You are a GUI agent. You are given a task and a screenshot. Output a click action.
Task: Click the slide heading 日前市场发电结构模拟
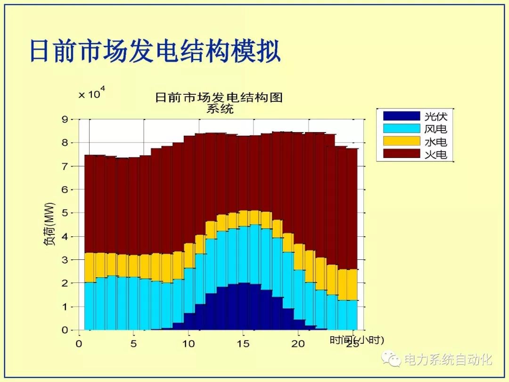(x=155, y=51)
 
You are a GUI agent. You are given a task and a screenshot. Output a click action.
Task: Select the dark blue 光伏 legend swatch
(x=401, y=116)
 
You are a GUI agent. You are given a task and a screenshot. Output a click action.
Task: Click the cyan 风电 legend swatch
(x=401, y=128)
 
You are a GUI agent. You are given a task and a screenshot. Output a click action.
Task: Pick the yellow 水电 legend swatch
(x=401, y=141)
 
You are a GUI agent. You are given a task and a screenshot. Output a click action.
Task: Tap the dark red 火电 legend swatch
(x=401, y=154)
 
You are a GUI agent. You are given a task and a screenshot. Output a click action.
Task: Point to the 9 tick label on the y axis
(x=65, y=119)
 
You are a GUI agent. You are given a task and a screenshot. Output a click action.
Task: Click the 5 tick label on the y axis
(x=65, y=213)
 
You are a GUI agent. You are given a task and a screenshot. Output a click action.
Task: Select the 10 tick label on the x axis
(x=189, y=344)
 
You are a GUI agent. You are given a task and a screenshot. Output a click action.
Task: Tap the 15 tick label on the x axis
(x=243, y=344)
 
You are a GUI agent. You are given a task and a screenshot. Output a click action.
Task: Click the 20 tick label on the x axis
(x=298, y=344)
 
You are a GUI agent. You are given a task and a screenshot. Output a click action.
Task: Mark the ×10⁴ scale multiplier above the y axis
(x=91, y=93)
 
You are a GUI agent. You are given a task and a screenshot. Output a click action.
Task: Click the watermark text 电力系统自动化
(x=448, y=360)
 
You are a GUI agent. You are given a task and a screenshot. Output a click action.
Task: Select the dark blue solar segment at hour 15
(x=243, y=307)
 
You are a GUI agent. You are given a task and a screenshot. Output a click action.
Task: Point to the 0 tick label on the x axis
(x=79, y=344)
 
